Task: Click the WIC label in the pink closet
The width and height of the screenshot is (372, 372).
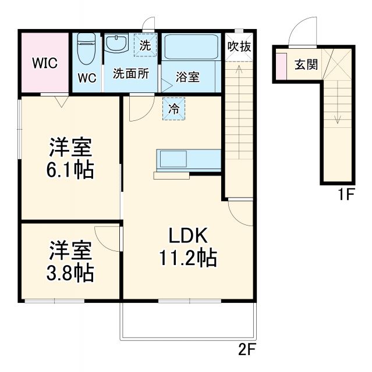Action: click(x=45, y=63)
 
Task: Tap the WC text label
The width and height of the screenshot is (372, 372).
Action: click(x=86, y=77)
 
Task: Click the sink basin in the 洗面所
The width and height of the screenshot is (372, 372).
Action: click(x=116, y=44)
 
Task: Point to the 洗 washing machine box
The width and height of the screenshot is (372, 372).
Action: click(x=146, y=45)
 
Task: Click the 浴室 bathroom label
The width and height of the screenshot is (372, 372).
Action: click(x=187, y=77)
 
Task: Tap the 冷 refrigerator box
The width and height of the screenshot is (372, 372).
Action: click(x=173, y=108)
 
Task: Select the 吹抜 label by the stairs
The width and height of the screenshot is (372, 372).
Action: click(x=239, y=46)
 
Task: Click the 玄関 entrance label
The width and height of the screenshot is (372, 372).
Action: click(x=306, y=64)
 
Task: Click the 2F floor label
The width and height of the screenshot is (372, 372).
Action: click(x=247, y=350)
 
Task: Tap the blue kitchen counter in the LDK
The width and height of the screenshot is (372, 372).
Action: click(x=188, y=158)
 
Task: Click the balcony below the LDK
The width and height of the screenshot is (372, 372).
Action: click(x=187, y=320)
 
